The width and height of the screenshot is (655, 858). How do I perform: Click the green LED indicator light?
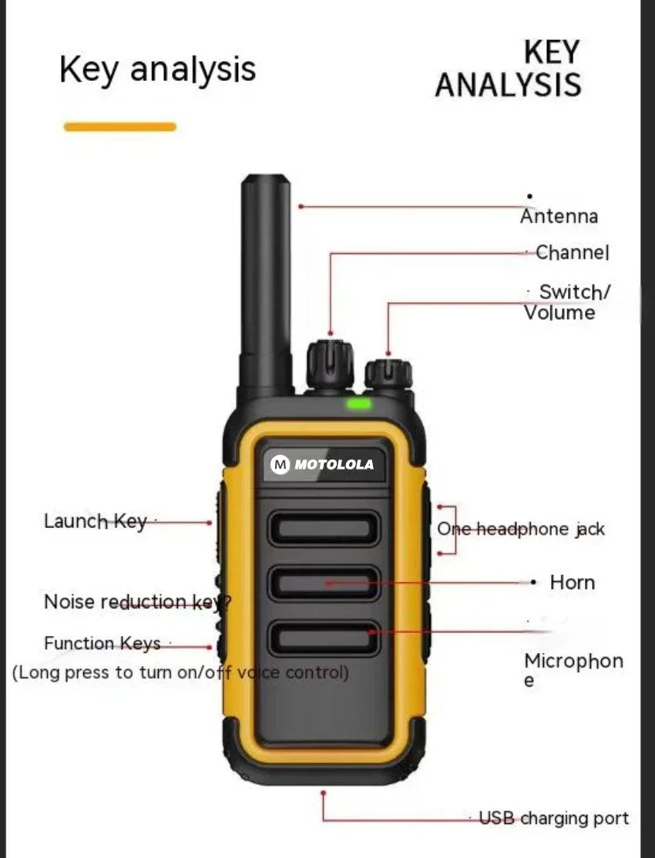pyautogui.click(x=358, y=402)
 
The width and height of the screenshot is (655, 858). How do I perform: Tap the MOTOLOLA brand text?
pyautogui.click(x=334, y=465)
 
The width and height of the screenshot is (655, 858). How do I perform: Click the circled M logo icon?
pyautogui.click(x=280, y=465)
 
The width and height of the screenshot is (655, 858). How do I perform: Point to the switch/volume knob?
pyautogui.click(x=388, y=374)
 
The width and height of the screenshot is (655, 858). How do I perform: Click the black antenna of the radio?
pyautogui.click(x=266, y=285)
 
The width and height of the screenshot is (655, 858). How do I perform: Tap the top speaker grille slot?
pyautogui.click(x=324, y=529)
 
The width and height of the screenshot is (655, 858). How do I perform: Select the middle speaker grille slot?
pyautogui.click(x=324, y=583)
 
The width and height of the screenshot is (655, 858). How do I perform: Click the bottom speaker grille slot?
pyautogui.click(x=324, y=638)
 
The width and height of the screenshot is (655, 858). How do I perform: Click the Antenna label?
pyautogui.click(x=559, y=217)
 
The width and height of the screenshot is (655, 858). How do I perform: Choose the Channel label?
pyautogui.click(x=572, y=252)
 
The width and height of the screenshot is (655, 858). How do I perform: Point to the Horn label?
pyautogui.click(x=572, y=583)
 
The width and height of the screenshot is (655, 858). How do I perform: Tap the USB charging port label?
pyautogui.click(x=553, y=818)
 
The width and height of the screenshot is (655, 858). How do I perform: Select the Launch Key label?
pyautogui.click(x=95, y=521)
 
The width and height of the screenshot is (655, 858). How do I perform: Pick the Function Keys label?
pyautogui.click(x=102, y=644)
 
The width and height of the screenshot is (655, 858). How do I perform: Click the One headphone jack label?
pyautogui.click(x=521, y=530)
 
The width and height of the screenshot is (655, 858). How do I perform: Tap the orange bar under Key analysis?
pyautogui.click(x=119, y=126)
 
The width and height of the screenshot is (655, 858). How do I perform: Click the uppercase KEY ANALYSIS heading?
pyautogui.click(x=508, y=69)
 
